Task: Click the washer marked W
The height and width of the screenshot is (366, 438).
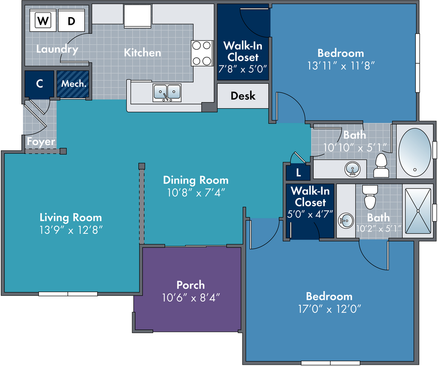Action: (x=43, y=21)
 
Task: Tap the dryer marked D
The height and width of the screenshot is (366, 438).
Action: (x=71, y=21)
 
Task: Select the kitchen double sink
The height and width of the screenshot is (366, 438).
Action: (x=167, y=93)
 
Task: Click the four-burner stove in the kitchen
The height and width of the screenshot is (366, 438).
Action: (x=202, y=53)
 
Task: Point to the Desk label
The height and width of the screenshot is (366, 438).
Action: (x=243, y=96)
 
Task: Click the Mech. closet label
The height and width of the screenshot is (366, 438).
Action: (x=74, y=83)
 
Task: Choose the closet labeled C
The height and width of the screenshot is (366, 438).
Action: (x=39, y=84)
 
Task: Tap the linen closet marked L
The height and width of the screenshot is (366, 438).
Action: (x=298, y=173)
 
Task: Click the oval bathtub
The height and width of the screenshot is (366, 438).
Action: (x=414, y=152)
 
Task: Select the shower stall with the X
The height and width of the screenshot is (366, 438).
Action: (x=418, y=211)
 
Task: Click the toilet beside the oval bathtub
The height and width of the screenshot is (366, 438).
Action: (x=381, y=165)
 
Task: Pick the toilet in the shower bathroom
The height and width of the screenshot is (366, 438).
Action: (x=370, y=197)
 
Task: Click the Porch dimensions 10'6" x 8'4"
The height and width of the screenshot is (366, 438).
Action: (x=191, y=298)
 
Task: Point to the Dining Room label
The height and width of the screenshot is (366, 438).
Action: (x=195, y=180)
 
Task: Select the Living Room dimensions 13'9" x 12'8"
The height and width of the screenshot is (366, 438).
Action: (x=71, y=230)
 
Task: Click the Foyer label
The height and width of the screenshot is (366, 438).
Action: (x=41, y=142)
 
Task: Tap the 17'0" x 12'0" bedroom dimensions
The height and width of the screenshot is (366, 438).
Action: (x=329, y=309)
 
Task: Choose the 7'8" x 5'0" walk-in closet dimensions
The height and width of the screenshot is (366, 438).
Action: (x=243, y=69)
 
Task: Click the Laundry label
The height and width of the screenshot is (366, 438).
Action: (x=57, y=49)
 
